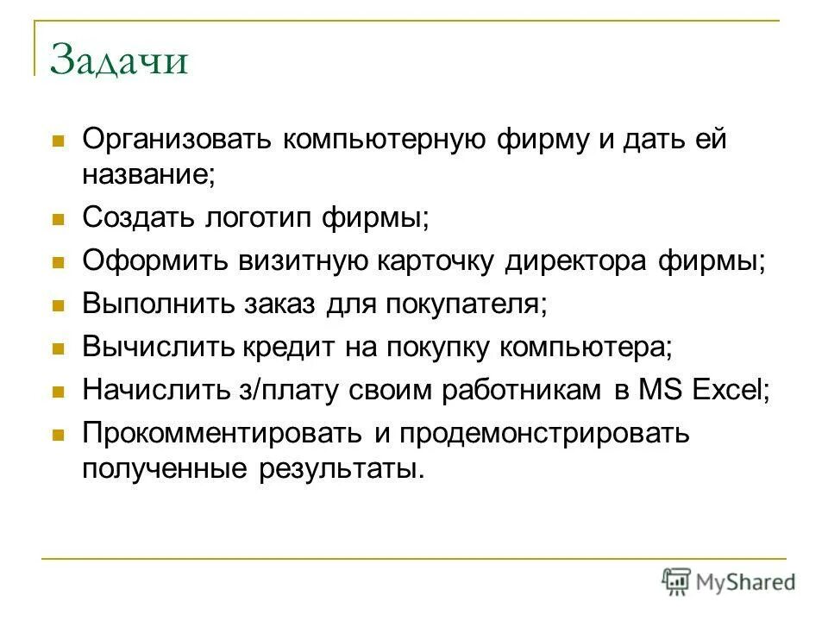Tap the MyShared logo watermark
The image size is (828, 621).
728,582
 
